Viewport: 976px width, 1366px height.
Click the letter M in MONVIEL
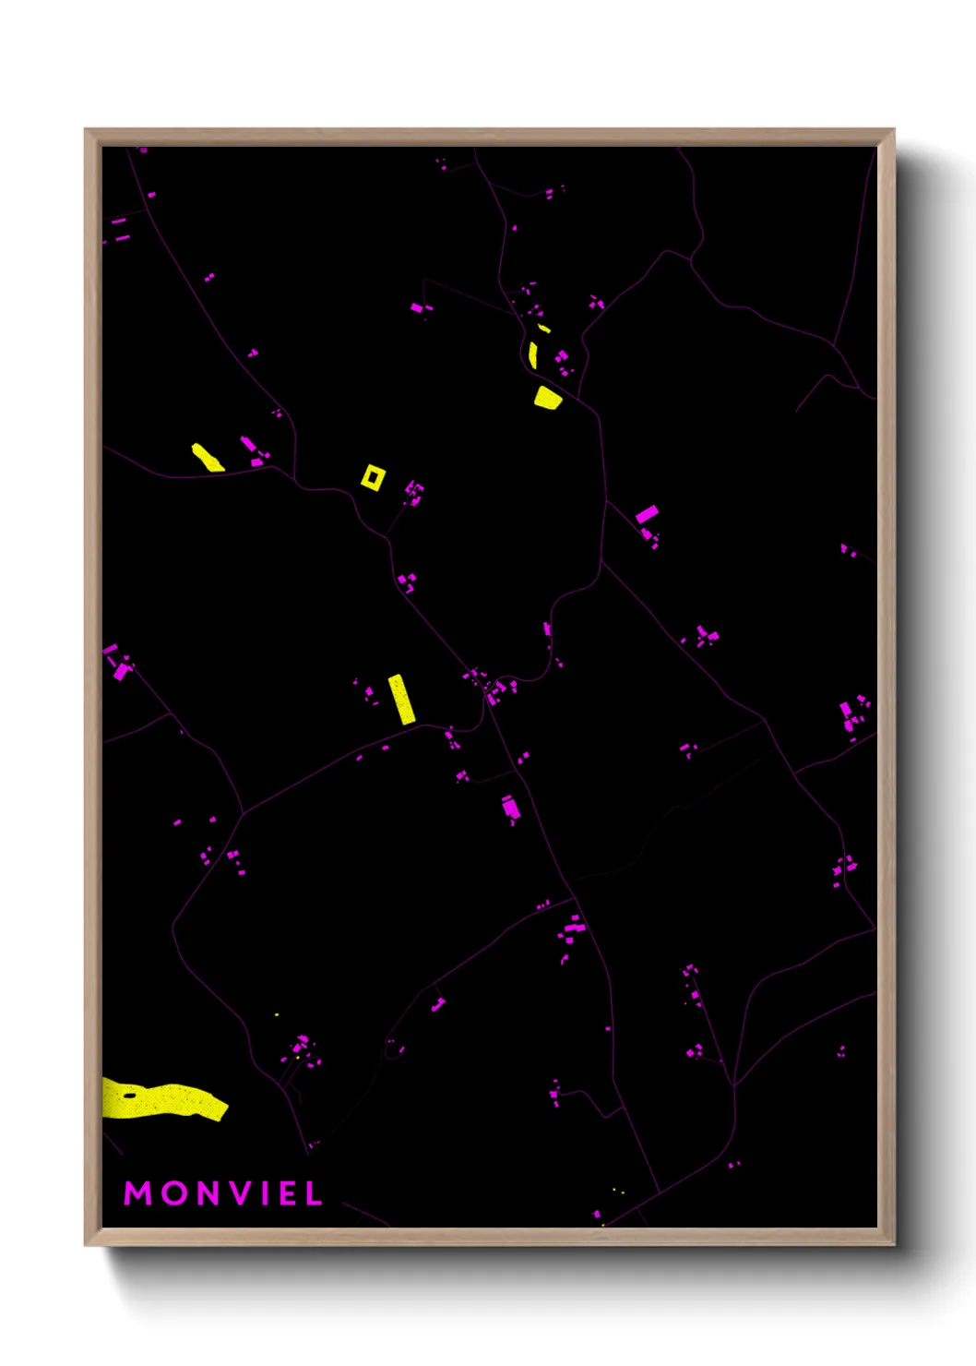point(137,1193)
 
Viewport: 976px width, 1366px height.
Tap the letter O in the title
point(174,1193)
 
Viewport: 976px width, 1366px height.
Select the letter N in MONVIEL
point(209,1193)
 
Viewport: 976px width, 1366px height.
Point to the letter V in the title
point(243,1193)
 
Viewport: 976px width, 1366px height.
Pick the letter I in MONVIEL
point(266,1193)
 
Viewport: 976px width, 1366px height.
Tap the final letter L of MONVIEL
point(314,1193)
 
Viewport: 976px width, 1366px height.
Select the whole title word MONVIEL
point(223,1193)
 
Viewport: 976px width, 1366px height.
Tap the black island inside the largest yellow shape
point(130,1096)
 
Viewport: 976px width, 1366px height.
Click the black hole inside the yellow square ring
point(373,477)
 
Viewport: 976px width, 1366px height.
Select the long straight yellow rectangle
point(401,699)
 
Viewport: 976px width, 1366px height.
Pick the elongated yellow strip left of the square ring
point(207,457)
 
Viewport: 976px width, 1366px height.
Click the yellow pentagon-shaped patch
point(547,398)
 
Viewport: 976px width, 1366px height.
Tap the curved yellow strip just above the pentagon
point(533,355)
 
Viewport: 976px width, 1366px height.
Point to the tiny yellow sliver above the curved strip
point(544,329)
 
